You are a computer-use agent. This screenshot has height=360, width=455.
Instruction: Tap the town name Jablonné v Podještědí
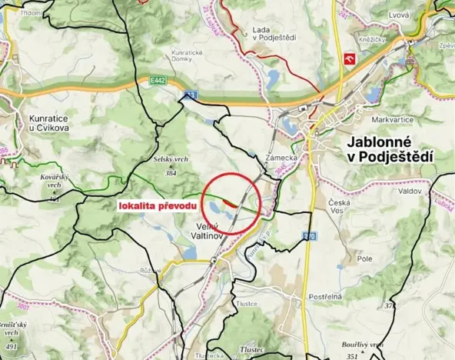pos(390,149)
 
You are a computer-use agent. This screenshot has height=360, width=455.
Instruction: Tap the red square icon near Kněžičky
pos(350,58)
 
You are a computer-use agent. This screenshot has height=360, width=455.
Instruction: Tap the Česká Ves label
pos(339,206)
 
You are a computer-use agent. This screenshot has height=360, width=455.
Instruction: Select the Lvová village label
pos(398,15)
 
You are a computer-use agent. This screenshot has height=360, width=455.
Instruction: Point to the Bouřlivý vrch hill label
pos(364,345)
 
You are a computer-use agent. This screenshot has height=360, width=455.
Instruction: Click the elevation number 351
pos(353,357)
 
